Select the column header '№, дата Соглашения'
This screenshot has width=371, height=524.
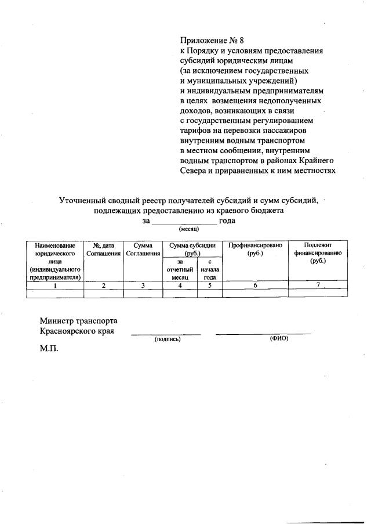(103, 250)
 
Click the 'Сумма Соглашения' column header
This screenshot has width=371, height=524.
(143, 250)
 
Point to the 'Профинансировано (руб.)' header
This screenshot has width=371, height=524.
(255, 250)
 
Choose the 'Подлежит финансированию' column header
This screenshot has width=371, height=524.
(318, 253)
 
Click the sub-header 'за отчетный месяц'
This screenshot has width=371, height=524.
(180, 270)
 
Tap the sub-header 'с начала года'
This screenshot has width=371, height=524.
(209, 270)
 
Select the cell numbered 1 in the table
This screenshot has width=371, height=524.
(55, 285)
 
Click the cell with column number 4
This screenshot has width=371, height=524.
(180, 285)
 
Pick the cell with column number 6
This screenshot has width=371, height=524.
(255, 285)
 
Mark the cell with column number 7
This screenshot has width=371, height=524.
(318, 285)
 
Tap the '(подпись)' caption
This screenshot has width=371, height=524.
(167, 339)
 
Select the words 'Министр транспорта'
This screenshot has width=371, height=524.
(78, 320)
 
